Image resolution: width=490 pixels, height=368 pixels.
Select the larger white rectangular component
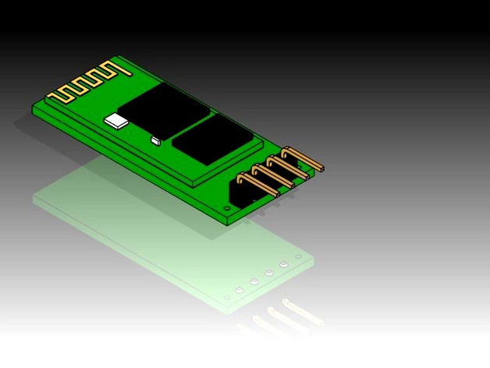[117, 120]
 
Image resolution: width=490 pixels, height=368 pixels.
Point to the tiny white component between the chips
[155, 140]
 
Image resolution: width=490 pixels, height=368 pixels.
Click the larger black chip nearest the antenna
[164, 109]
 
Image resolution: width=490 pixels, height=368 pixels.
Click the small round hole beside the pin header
[227, 209]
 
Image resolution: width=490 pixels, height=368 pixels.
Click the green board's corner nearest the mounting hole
[229, 223]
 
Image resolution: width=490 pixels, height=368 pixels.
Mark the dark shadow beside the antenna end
[27, 125]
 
